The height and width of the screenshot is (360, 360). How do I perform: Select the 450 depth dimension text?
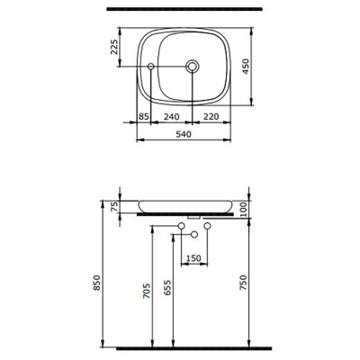click(259, 65)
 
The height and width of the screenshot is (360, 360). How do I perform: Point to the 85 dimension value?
click(144, 117)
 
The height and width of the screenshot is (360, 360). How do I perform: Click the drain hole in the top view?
click(193, 67)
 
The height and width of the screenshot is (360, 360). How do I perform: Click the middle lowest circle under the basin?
click(193, 234)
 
